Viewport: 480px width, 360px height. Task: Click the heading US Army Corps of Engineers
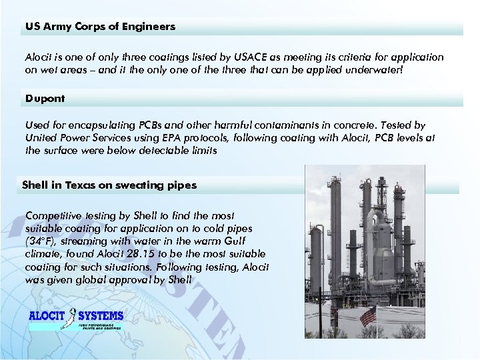pyautogui.click(x=100, y=27)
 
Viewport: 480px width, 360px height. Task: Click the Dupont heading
pyautogui.click(x=45, y=99)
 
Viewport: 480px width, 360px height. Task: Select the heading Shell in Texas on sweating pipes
pyautogui.click(x=109, y=185)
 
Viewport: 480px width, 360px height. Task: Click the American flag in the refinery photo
pyautogui.click(x=368, y=319)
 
